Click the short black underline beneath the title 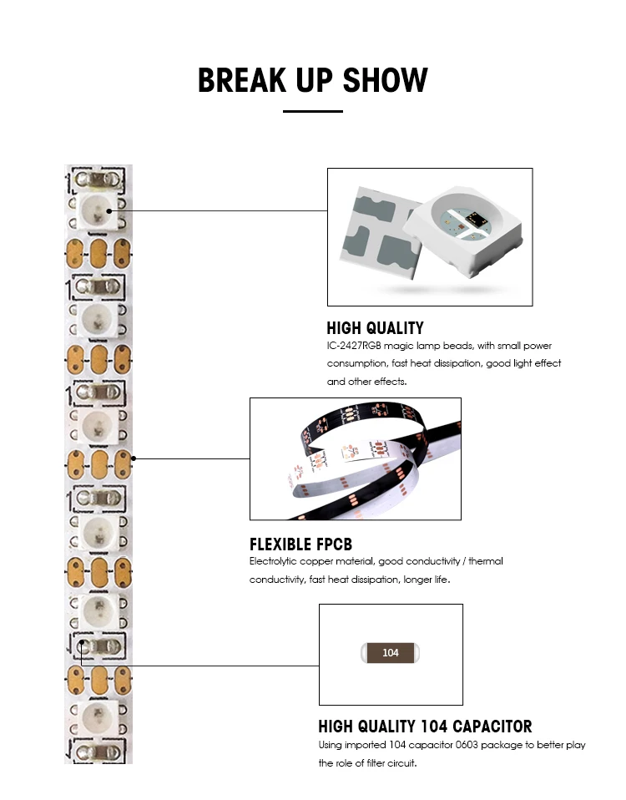(313, 111)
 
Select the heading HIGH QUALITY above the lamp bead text (375, 328)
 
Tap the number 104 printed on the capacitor (391, 653)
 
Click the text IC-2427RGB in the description (356, 346)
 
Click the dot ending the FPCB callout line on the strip (134, 458)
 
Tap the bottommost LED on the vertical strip (98, 716)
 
